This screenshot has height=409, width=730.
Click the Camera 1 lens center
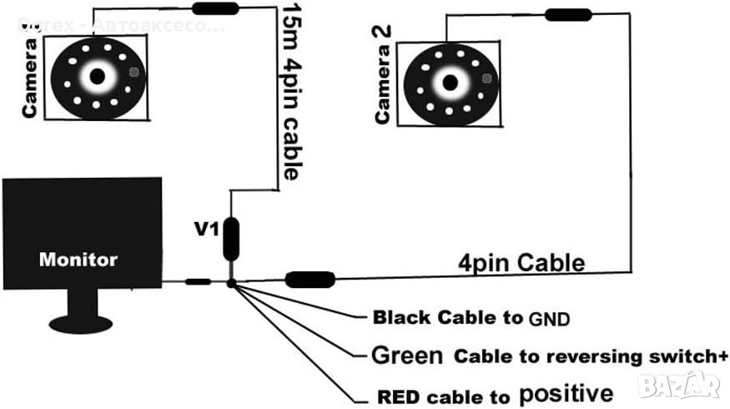tap(98, 76)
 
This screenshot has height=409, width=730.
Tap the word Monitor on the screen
tap(78, 260)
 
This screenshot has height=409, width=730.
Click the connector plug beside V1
tap(231, 237)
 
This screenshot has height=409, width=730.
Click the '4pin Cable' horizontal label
tap(521, 262)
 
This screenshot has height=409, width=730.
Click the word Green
tap(407, 356)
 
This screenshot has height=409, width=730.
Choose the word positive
tap(566, 393)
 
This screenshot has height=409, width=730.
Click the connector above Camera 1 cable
tap(216, 9)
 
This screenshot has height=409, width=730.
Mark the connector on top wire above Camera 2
tap(568, 14)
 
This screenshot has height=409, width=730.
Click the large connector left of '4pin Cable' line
tap(310, 280)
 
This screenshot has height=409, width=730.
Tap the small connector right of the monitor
tap(198, 282)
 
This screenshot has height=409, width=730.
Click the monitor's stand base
tap(80, 321)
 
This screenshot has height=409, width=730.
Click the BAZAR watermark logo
tap(679, 385)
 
